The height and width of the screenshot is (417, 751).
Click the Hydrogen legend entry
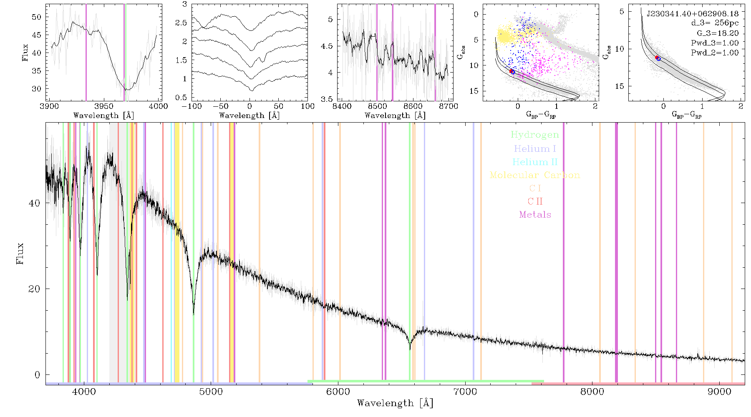coord(534,135)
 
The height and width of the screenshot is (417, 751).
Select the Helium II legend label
coord(535,162)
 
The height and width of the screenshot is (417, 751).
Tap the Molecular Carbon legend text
coord(535,175)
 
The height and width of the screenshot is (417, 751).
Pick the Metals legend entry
coord(535,215)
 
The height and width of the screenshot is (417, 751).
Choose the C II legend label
coord(535,201)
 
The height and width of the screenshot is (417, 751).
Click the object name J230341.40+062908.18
coord(693,14)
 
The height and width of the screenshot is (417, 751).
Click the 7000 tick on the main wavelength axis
coord(465,392)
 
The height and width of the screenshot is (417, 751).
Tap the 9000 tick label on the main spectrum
coord(719,392)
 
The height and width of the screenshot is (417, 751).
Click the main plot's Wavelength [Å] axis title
coord(395,403)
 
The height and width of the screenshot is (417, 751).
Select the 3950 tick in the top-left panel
coord(104,106)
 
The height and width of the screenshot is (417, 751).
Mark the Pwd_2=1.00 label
coord(715,53)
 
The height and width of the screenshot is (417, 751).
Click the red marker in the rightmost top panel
coord(657,58)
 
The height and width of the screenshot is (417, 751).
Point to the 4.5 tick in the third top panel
coord(327,46)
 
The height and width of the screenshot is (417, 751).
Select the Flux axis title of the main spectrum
coord(20,254)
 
